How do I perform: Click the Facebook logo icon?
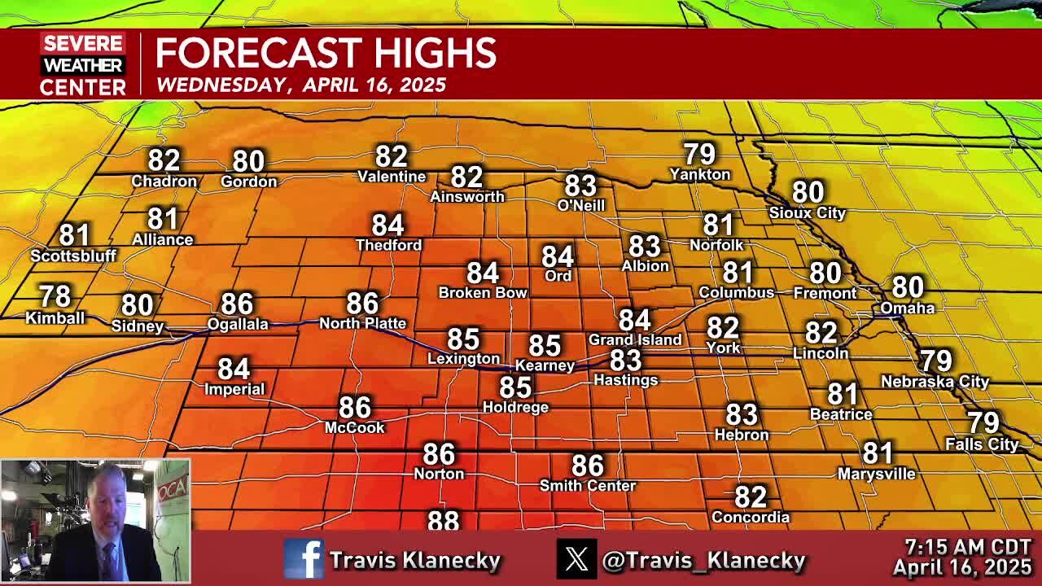tap(304, 559)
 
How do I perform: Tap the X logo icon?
tap(576, 559)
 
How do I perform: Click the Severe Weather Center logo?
tap(83, 65)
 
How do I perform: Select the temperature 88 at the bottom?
tap(443, 520)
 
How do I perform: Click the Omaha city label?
tap(907, 308)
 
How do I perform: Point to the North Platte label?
tap(362, 323)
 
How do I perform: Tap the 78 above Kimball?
tap(55, 296)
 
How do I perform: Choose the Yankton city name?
tap(699, 174)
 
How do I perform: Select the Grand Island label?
tap(635, 339)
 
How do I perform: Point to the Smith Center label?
tap(588, 486)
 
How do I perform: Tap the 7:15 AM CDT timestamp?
tap(967, 548)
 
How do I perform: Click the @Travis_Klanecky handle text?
tap(703, 560)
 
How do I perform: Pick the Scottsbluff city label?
tap(73, 256)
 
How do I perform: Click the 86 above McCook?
tap(355, 407)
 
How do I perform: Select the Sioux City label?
tap(808, 212)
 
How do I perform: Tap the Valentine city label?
tap(392, 177)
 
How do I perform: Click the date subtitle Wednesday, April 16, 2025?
tap(301, 85)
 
